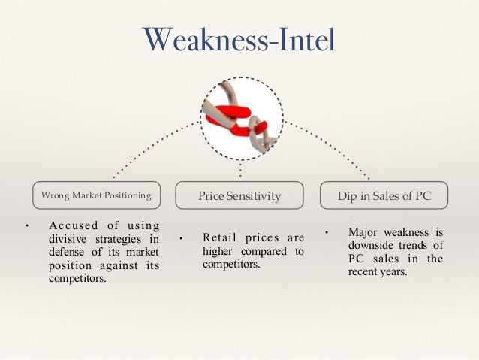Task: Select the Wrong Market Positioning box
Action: [96, 195]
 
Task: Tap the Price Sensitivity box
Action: [239, 195]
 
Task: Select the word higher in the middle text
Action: [218, 252]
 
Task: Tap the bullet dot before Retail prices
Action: [182, 240]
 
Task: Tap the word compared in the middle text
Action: [269, 252]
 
